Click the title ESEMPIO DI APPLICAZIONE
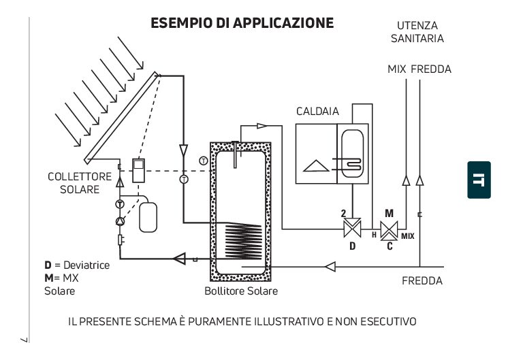point(242,23)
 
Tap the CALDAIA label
point(317,112)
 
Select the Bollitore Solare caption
point(241,291)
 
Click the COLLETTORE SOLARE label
point(80,183)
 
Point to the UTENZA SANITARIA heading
point(417,32)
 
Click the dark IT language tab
point(479,180)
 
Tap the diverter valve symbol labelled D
point(352,228)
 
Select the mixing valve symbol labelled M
point(389,231)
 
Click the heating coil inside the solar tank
point(243,241)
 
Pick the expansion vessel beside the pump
point(148,217)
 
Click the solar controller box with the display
point(138,171)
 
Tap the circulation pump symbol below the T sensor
point(121,221)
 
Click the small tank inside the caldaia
point(353,153)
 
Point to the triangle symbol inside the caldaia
point(316,166)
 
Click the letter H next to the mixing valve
point(374,235)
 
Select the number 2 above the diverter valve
point(343,213)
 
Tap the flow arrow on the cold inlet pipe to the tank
point(330,267)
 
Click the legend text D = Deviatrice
point(77,265)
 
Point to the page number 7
point(25,340)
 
